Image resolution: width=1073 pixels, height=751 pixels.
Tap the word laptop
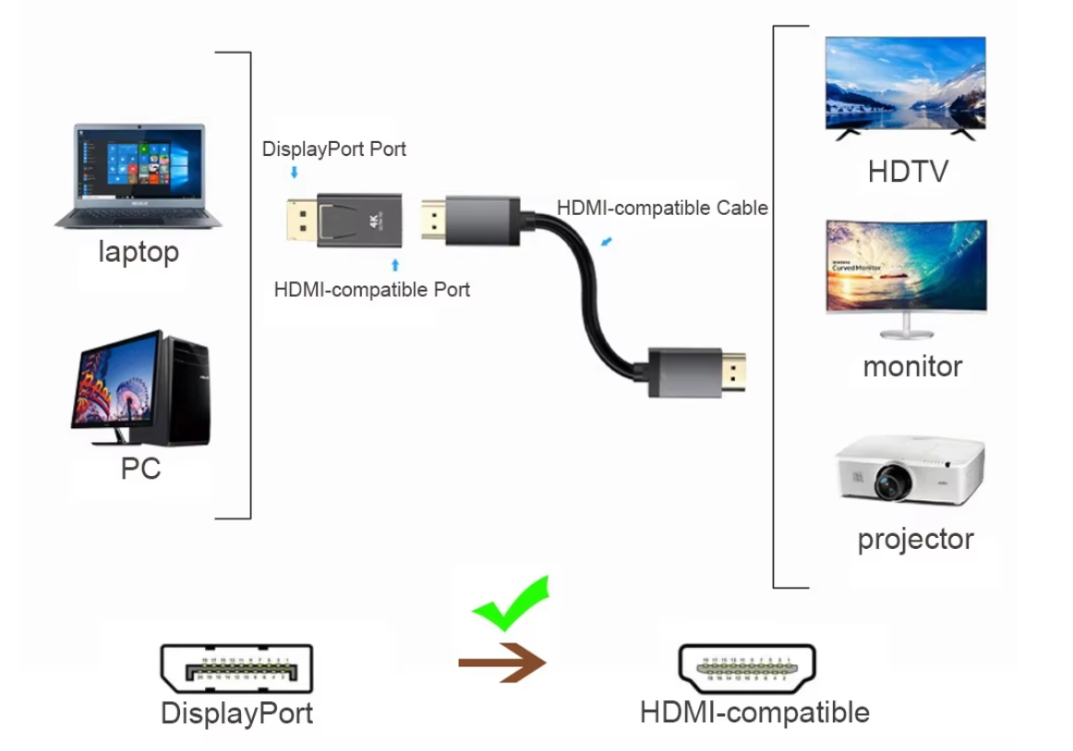(139, 252)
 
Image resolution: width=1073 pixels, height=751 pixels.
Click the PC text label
(140, 469)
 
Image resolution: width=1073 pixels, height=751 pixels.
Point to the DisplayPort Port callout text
(334, 149)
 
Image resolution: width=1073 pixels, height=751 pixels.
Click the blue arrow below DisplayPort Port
(294, 173)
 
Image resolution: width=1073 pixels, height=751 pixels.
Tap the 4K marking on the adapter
(375, 221)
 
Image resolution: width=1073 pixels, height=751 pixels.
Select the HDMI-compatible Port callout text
(371, 290)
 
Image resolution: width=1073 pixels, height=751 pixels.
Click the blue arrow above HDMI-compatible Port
(395, 266)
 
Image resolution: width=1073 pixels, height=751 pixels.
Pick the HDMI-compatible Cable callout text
(662, 208)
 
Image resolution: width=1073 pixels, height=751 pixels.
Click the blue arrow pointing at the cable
(605, 243)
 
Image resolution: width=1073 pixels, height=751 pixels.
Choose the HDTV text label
(908, 172)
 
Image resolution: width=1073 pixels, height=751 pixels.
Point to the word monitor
(912, 366)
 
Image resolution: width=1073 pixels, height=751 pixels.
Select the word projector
(915, 539)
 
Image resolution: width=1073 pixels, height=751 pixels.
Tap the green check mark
(511, 605)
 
